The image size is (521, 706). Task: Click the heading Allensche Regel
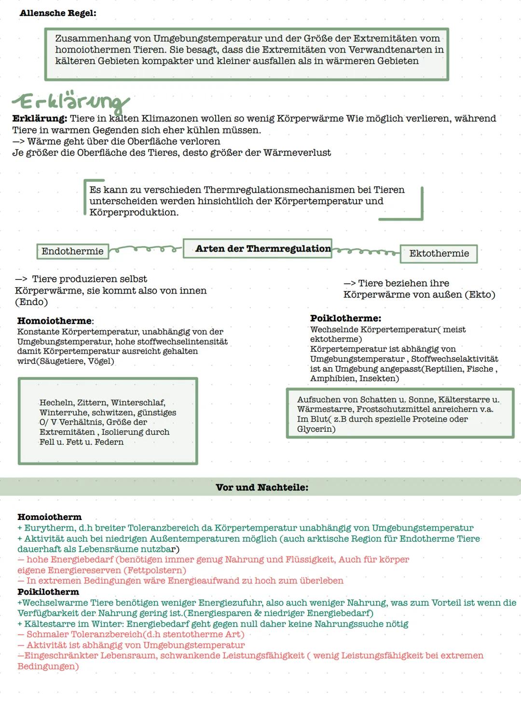[58, 13]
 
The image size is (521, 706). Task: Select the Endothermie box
[72, 251]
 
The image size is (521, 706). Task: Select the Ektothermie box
[439, 253]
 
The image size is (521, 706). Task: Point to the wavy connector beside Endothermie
[145, 249]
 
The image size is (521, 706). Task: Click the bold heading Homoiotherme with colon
[55, 321]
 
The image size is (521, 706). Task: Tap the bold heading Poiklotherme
[345, 319]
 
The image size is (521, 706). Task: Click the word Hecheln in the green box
[56, 403]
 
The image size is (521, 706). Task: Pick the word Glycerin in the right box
[315, 429]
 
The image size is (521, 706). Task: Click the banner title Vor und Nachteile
[262, 487]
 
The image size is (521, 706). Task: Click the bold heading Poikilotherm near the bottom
[48, 592]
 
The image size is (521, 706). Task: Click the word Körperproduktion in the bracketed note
[133, 213]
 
